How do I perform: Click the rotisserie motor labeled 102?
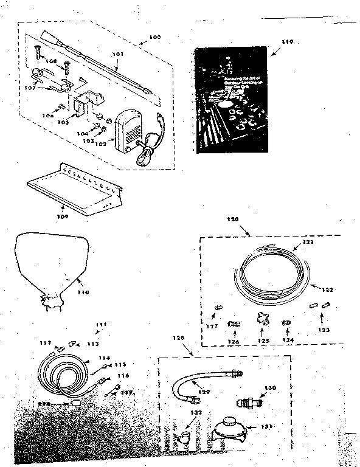pos(130,132)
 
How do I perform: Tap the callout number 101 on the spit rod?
pos(118,54)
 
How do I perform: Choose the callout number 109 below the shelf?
pos(46,215)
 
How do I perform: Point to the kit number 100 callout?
pos(154,37)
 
